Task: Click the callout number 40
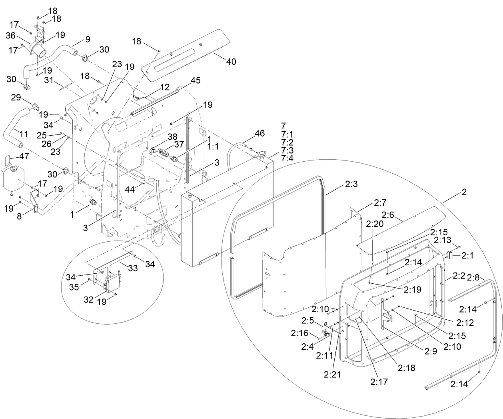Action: coord(231,62)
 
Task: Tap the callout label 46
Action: coord(259,133)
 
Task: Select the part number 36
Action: coord(11,36)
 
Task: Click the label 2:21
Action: coord(332,374)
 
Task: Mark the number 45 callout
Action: coord(195,81)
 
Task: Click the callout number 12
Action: coord(165,87)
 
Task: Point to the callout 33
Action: coord(133,269)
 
